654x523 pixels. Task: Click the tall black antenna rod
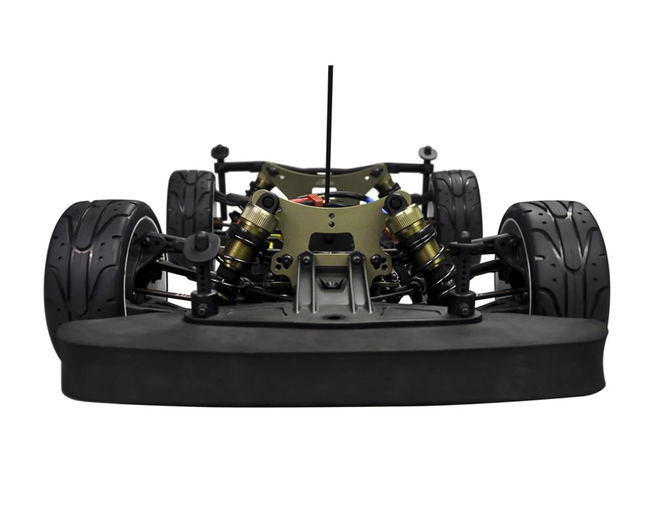pos(329,131)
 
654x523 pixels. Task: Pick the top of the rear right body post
pos(428,151)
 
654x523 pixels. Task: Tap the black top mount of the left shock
pos(268,202)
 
